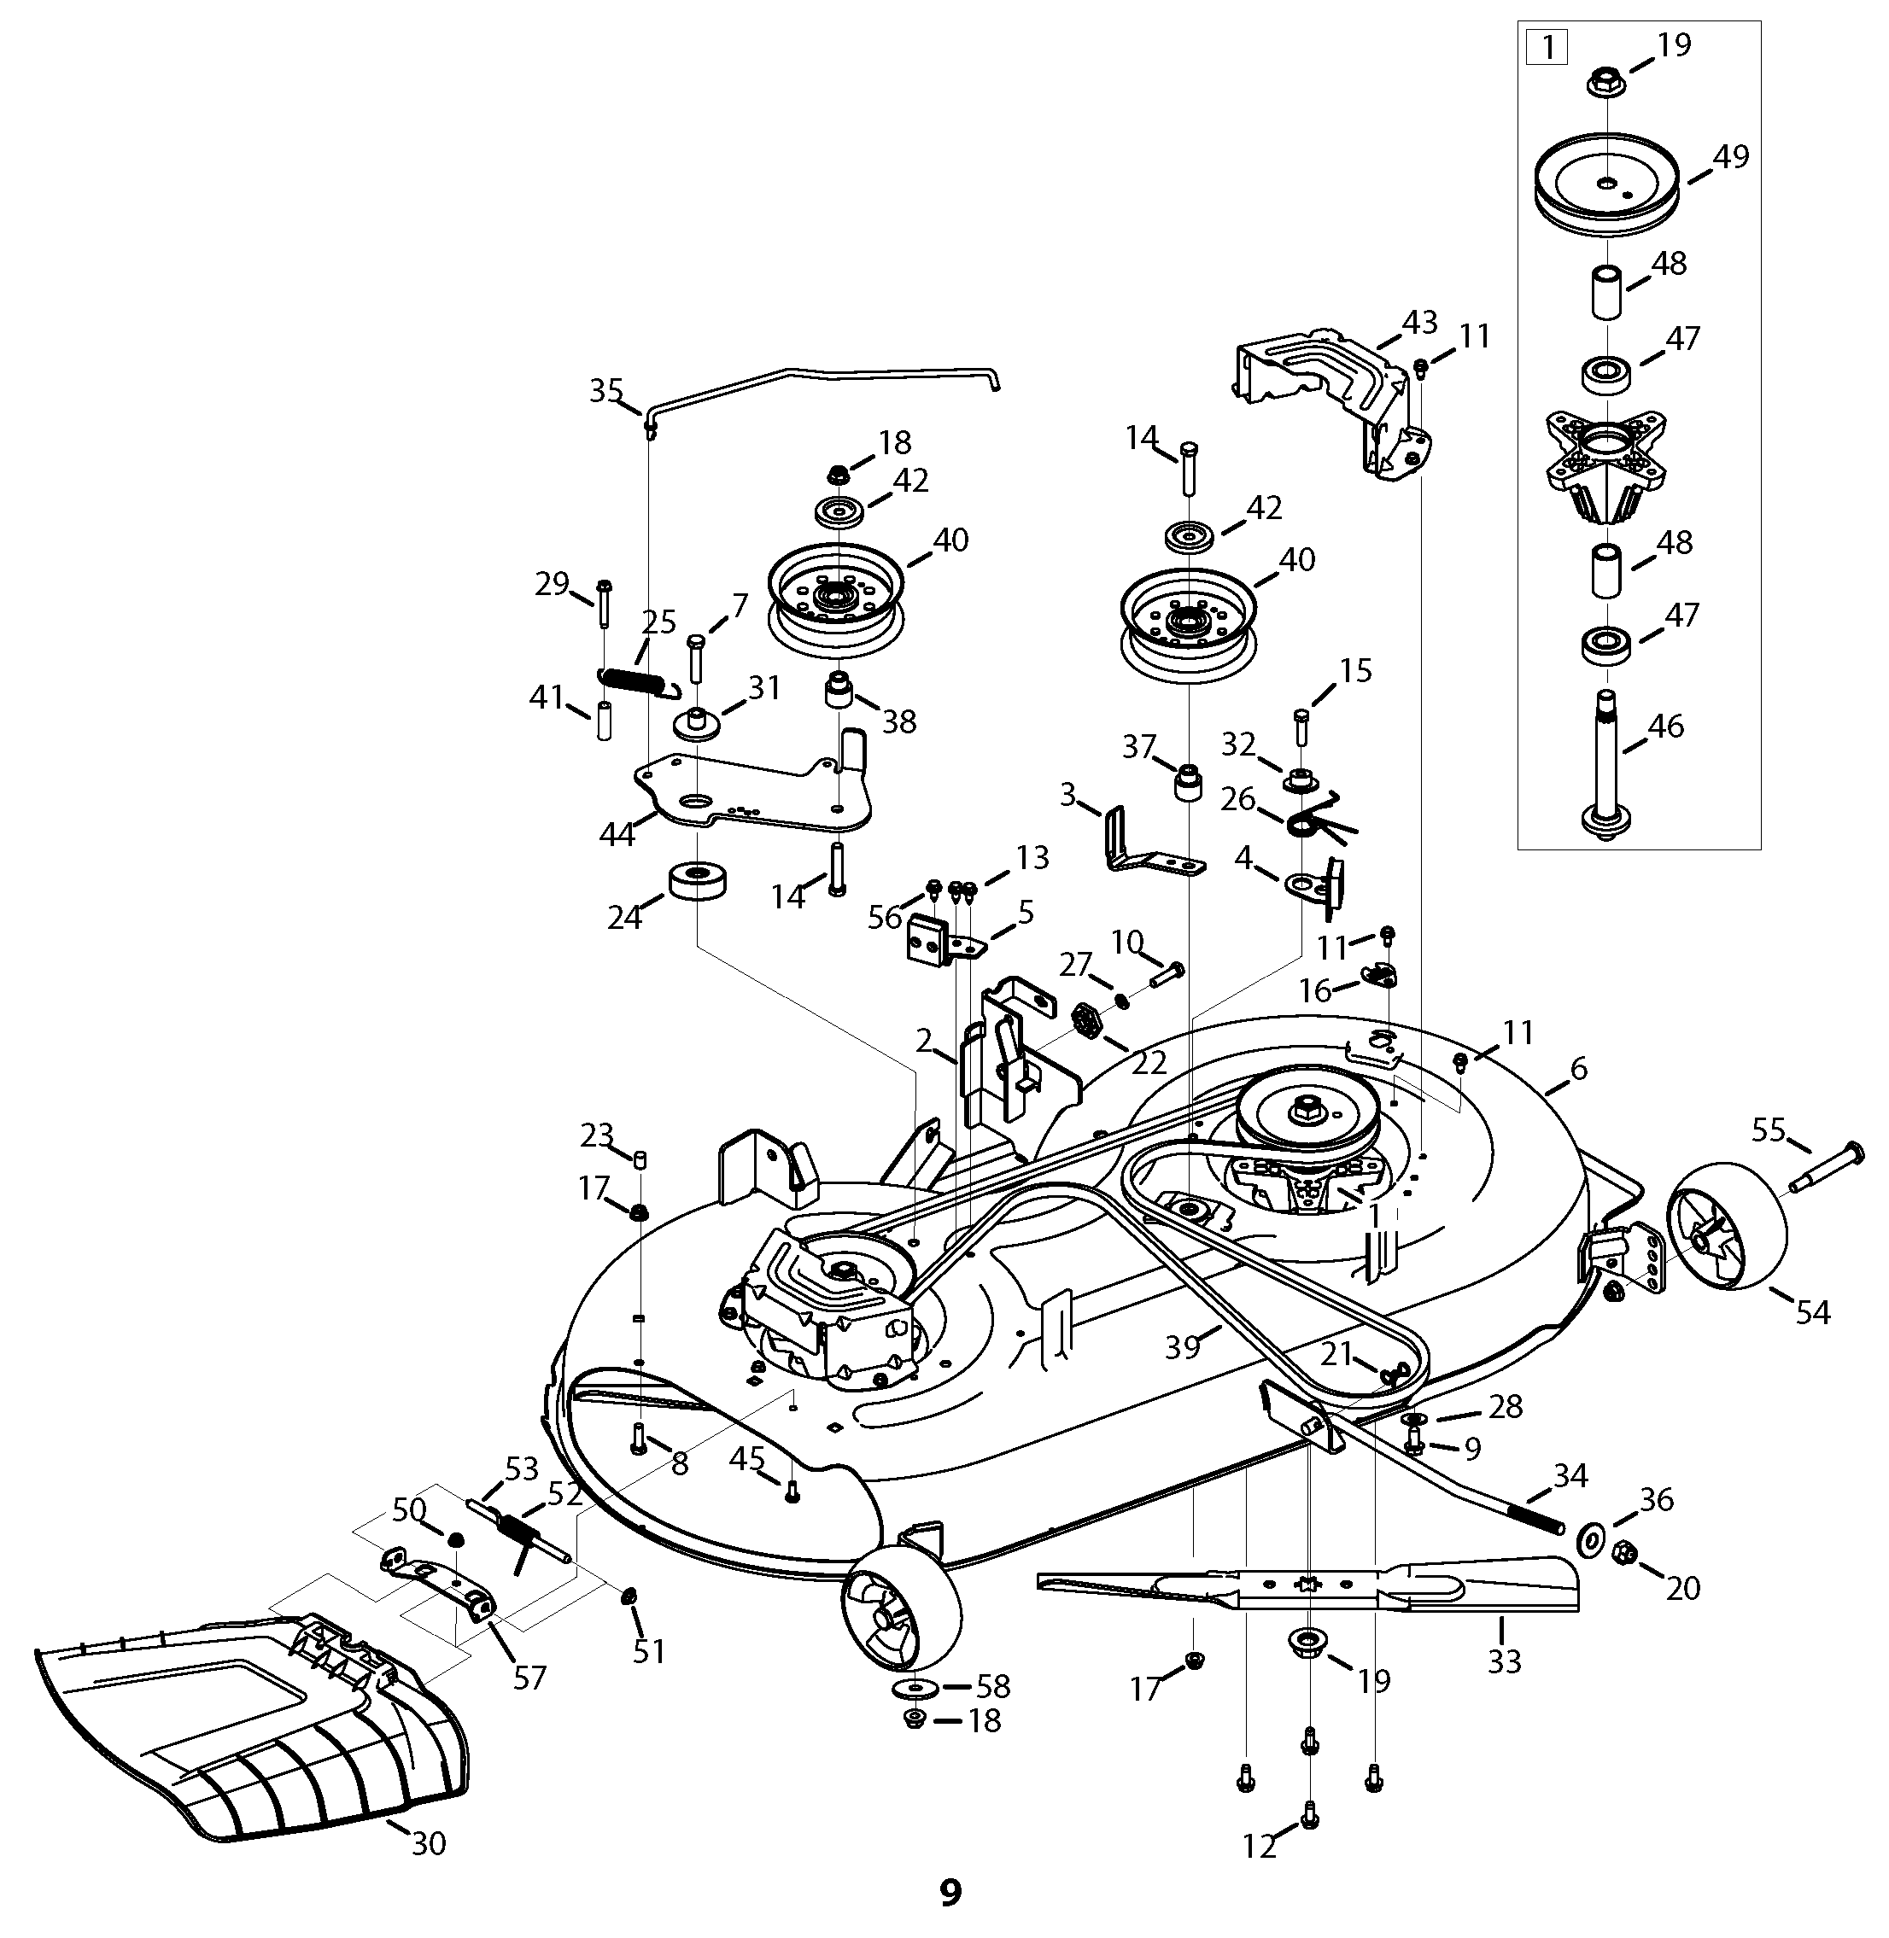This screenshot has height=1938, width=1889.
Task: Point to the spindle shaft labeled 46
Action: click(x=1607, y=765)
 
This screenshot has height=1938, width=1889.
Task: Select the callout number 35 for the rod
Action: click(x=606, y=390)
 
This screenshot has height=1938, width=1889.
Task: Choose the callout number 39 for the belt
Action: click(x=1183, y=1347)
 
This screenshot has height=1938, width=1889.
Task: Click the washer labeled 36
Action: click(x=1589, y=1539)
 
